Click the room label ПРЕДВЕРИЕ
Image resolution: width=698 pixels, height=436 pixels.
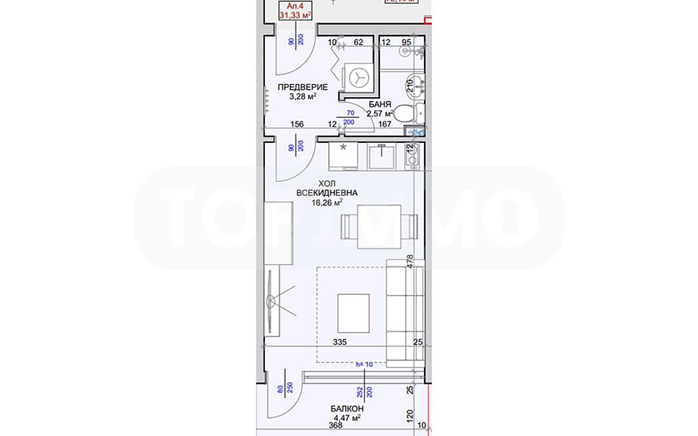(x=302, y=87)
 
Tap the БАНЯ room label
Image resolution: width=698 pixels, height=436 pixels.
(x=379, y=104)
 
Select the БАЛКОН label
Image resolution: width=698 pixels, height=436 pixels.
(x=346, y=409)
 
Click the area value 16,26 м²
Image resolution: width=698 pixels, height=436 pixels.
(x=328, y=202)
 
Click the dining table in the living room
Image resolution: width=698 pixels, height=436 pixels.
(x=370, y=226)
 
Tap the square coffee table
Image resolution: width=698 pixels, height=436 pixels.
(x=354, y=313)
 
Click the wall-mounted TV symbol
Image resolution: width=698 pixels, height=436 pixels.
(x=271, y=301)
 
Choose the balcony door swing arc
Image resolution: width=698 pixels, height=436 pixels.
(x=284, y=395)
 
